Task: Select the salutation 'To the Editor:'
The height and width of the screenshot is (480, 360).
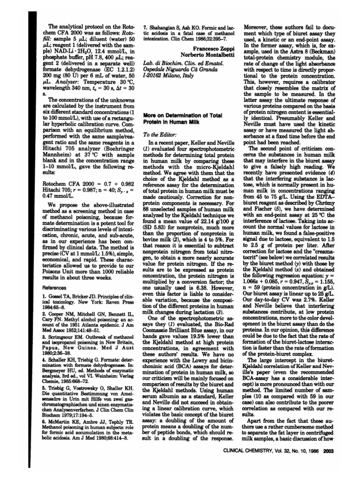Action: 157,135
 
